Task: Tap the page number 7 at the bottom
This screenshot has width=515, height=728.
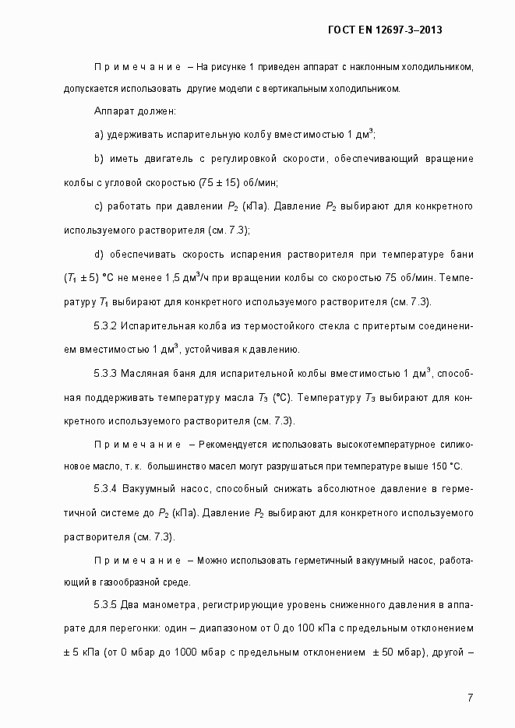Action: (470, 697)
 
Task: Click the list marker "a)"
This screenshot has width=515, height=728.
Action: (99, 135)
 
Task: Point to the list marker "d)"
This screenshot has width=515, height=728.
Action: (99, 255)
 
